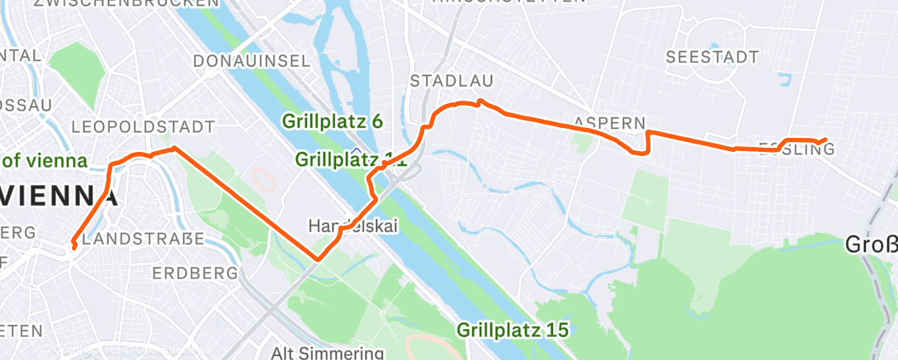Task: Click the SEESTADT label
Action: (711, 57)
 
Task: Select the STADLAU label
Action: (451, 81)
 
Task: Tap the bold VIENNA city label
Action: (59, 197)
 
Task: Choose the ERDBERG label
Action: (196, 272)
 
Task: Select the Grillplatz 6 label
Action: (333, 121)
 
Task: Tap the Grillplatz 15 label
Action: (513, 329)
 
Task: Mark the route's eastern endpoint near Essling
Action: (826, 140)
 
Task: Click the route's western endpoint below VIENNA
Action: (74, 246)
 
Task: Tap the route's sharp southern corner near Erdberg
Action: (317, 259)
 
